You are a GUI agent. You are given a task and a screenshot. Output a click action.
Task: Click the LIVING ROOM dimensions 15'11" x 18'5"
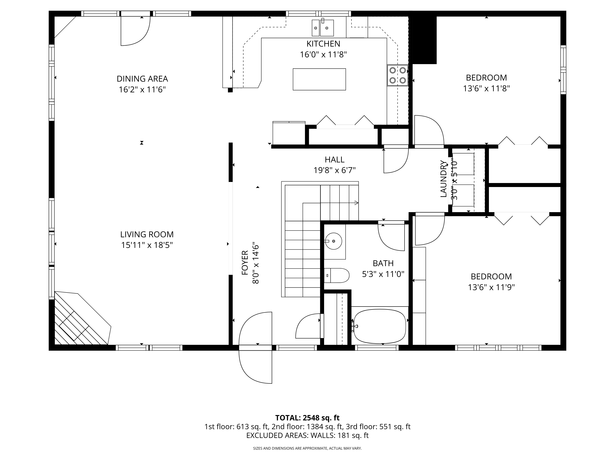(147, 245)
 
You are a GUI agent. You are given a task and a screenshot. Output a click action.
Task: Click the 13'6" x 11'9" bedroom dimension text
(491, 287)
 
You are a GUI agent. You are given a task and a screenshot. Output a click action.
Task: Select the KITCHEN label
(323, 44)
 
